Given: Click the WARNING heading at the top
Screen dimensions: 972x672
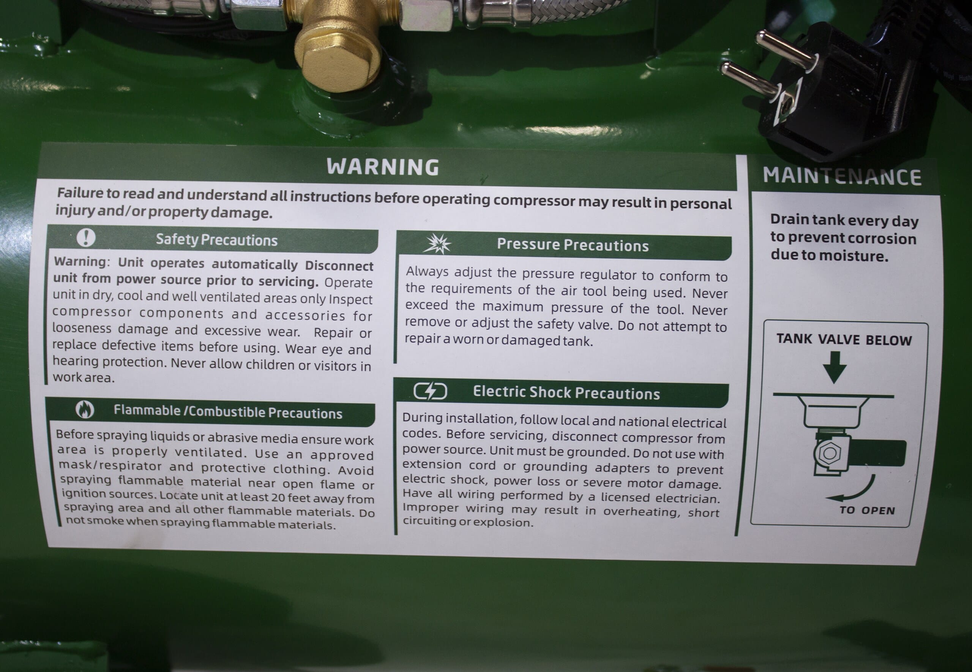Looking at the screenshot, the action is [382, 167].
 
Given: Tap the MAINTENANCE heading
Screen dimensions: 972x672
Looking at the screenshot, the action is [843, 176].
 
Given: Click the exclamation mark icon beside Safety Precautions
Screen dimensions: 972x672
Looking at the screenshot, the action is [86, 237].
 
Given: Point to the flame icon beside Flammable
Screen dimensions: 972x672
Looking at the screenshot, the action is [85, 409].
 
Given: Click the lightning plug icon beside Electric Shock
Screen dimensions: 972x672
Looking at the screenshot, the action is [430, 391].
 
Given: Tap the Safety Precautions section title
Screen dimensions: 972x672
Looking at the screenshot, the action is [217, 240].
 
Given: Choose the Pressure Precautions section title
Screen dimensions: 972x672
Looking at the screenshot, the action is [573, 245].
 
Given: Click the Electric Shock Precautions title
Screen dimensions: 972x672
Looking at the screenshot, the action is [566, 392].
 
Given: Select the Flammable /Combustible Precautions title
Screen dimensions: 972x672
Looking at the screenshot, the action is [228, 412].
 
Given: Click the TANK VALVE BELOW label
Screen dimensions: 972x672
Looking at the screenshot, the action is [844, 339].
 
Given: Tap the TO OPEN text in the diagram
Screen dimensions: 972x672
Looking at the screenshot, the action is [867, 510].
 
